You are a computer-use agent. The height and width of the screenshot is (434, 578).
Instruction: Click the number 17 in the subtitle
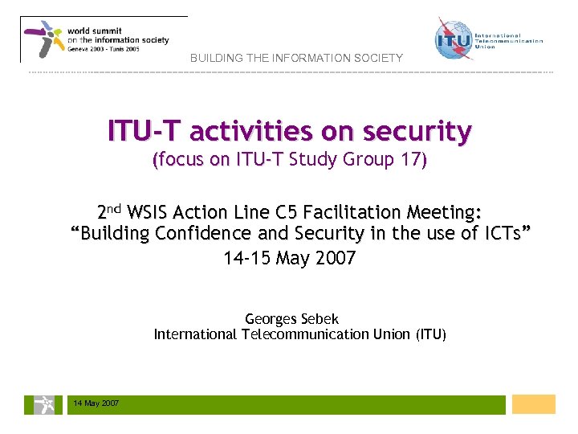(x=410, y=159)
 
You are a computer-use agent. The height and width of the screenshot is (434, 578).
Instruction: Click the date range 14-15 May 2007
(x=290, y=259)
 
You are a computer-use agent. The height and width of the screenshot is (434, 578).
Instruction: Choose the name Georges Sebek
(x=291, y=319)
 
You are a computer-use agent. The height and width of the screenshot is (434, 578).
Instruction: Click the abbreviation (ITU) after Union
(x=431, y=334)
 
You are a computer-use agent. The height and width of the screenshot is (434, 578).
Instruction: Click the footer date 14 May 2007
(x=96, y=403)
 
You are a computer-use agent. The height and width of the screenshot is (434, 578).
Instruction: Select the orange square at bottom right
(x=533, y=404)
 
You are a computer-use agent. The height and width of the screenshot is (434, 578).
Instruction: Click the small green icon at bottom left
(x=39, y=404)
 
